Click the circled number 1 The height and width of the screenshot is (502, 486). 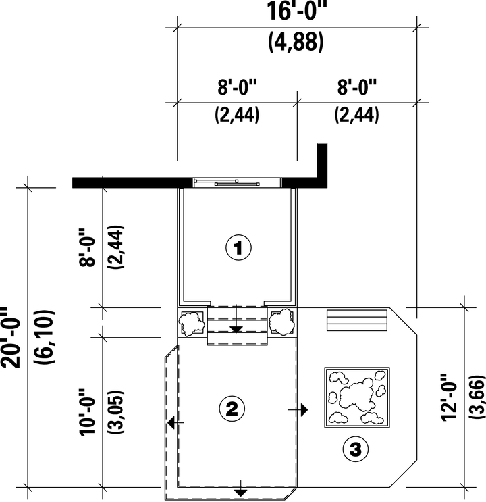tap(239, 248)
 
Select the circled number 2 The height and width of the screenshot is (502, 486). tap(232, 409)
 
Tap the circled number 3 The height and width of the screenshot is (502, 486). tap(356, 449)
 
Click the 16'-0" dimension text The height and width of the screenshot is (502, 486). tap(297, 11)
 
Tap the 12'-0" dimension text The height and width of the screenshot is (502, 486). tap(449, 397)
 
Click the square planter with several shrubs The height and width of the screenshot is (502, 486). tap(357, 397)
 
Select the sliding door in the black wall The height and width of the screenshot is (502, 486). tap(237, 182)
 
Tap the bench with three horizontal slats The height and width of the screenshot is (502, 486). tap(357, 320)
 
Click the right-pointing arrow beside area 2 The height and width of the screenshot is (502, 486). tap(298, 409)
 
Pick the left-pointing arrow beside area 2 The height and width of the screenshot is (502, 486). tap(175, 422)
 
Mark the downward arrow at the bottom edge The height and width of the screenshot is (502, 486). tap(240, 488)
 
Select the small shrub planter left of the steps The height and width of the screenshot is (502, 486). tap(192, 322)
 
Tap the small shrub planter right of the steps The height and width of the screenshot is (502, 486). tap(282, 322)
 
